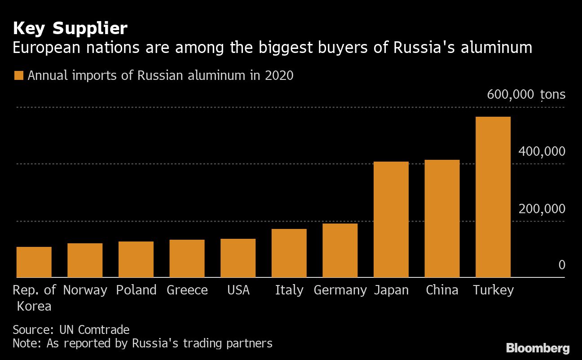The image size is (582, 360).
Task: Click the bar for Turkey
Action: [x=493, y=197]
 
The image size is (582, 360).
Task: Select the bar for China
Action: [x=442, y=219]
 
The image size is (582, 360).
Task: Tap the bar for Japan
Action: [x=391, y=220]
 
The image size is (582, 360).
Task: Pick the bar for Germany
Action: [x=340, y=250]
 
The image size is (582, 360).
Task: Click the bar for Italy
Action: [x=289, y=253]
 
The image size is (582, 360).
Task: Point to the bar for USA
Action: [x=238, y=258]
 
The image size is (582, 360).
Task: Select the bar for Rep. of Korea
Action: [x=34, y=262]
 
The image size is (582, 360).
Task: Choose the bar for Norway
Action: [x=85, y=260]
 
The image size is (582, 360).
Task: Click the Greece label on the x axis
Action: [x=187, y=290]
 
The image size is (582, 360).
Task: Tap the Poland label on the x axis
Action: [x=136, y=290]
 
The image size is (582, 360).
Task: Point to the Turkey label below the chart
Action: [x=493, y=290]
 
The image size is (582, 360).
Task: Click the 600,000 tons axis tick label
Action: [x=526, y=95]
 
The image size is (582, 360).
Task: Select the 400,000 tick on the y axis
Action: [x=542, y=151]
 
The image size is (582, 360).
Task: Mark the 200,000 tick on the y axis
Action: [x=542, y=209]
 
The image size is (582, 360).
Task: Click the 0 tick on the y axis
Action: [x=561, y=265]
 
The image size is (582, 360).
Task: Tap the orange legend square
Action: [x=18, y=75]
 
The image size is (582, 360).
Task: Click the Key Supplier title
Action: [x=70, y=29]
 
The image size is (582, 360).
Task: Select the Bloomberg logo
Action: [x=538, y=348]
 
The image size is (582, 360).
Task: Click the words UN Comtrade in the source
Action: [x=94, y=330]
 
